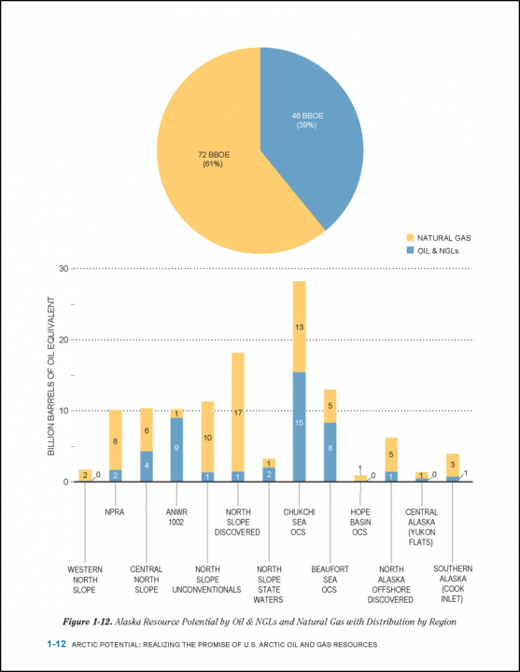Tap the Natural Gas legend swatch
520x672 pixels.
410,238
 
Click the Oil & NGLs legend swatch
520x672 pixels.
410,250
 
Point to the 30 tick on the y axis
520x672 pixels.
63,268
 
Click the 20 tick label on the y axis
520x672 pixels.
63,340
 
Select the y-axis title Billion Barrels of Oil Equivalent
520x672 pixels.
51,376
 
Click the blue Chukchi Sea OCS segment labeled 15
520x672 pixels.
299,427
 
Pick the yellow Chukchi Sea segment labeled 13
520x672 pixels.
299,327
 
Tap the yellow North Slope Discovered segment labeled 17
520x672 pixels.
238,413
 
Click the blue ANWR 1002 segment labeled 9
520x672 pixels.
176,450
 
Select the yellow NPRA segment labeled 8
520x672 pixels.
116,441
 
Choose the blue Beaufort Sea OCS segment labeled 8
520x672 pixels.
330,452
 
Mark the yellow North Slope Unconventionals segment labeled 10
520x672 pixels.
207,437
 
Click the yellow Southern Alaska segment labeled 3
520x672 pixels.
452,466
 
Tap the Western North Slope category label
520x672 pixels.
85,580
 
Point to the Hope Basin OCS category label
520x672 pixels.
360,522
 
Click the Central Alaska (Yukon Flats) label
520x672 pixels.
421,527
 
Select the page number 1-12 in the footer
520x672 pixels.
56,644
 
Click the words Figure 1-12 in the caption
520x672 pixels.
88,622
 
